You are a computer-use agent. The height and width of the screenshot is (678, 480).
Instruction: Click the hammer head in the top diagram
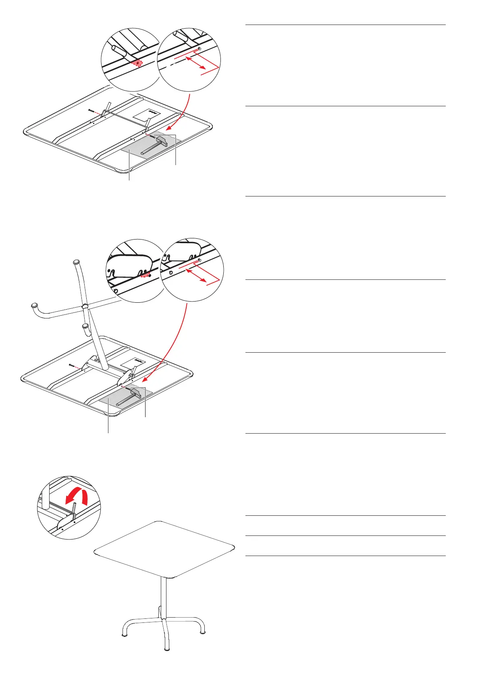(x=162, y=141)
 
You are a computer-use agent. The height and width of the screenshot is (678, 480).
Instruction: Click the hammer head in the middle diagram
(x=136, y=391)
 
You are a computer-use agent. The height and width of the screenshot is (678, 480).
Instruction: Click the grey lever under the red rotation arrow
(x=74, y=511)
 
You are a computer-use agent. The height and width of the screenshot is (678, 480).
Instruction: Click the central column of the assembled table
(x=163, y=596)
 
